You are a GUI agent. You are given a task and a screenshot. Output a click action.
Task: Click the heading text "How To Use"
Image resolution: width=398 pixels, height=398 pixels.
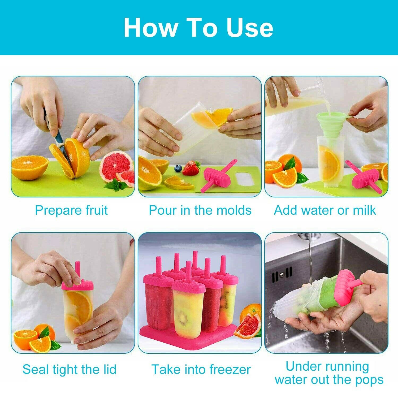(x=198, y=28)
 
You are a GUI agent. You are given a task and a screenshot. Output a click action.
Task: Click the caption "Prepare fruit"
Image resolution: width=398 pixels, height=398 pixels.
(x=71, y=210)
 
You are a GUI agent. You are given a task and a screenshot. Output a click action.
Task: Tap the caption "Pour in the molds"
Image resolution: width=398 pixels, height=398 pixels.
(x=200, y=210)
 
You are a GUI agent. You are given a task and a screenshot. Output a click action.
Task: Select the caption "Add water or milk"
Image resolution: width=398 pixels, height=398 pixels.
(x=325, y=210)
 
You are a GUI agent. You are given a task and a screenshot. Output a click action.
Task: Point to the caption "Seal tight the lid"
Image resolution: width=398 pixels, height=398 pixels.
(x=70, y=369)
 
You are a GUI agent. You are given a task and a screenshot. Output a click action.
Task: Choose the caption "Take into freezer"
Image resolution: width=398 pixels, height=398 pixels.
(x=201, y=369)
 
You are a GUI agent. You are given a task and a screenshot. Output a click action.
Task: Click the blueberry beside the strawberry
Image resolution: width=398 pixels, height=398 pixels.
(x=178, y=168)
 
